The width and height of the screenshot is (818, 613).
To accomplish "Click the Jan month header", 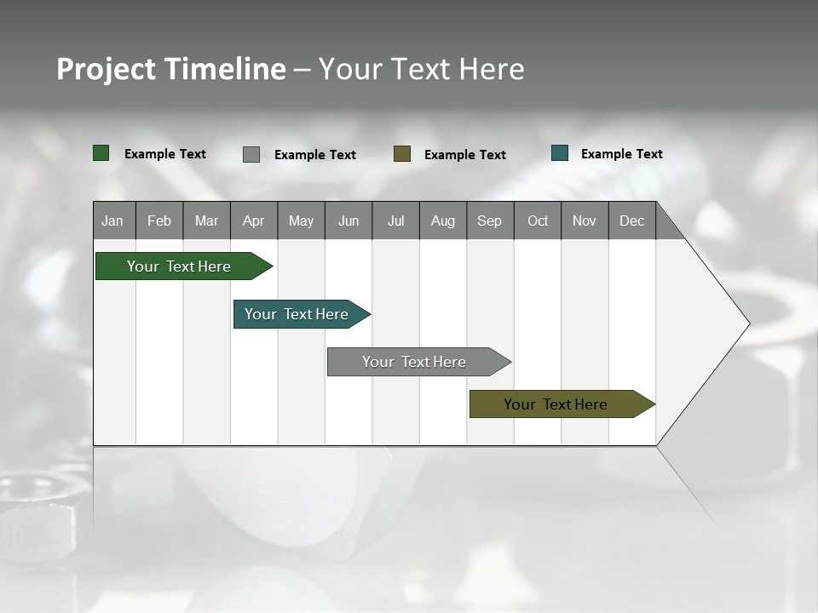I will [113, 221].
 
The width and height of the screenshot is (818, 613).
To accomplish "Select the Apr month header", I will [254, 221].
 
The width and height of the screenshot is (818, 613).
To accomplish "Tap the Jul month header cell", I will [395, 221].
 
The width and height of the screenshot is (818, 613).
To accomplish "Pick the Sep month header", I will [490, 221].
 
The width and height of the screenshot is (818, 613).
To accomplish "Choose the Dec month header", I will [632, 221].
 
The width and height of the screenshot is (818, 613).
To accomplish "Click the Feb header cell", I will [159, 221].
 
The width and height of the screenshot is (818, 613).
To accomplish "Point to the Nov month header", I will [585, 221].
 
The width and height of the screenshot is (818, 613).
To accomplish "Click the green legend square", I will [101, 153].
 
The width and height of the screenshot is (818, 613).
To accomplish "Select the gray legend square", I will [251, 154].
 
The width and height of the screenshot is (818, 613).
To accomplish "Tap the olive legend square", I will [402, 153].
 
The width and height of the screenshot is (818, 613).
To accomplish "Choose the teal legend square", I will [560, 153].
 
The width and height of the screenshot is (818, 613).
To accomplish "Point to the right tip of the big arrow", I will [747, 324].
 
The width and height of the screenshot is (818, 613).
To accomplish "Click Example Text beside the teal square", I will [621, 153].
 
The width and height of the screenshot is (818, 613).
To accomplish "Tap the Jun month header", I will [349, 221].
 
